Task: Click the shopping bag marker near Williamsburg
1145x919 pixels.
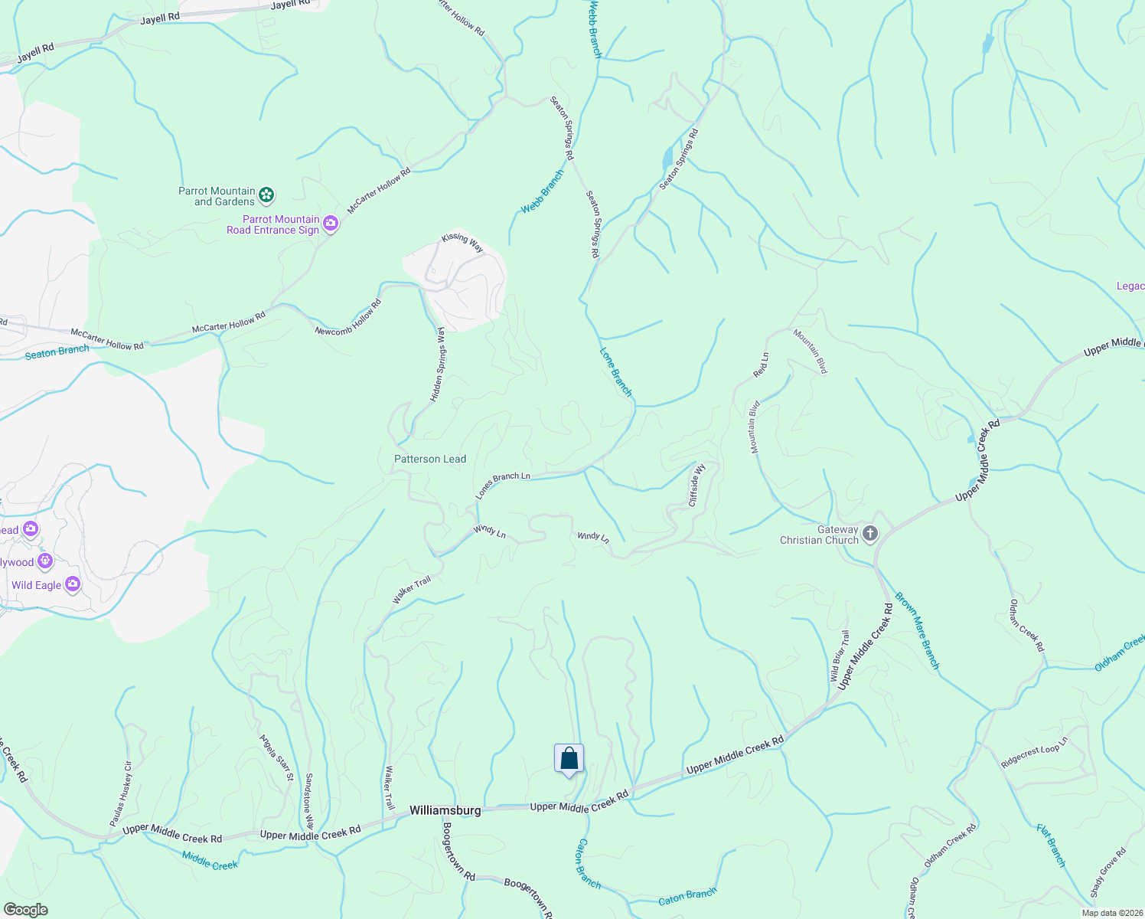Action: coord(569,759)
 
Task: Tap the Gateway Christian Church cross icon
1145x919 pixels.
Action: coord(869,534)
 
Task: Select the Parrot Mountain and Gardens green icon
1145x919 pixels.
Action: coord(266,196)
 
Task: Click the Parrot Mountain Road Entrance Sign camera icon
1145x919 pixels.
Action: coord(331,224)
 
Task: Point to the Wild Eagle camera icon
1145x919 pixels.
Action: coord(73,585)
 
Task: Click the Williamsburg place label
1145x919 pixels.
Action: coord(445,810)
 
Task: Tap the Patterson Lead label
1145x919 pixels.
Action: coord(429,459)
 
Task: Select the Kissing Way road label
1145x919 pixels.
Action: coord(462,242)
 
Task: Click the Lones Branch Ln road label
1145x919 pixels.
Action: coord(502,485)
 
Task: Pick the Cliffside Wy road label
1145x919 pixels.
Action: coord(696,485)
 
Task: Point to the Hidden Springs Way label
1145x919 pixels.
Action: coord(438,365)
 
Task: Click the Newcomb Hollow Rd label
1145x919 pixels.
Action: coord(348,317)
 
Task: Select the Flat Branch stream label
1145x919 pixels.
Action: coord(1051,845)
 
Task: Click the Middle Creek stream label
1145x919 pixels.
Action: coord(210,859)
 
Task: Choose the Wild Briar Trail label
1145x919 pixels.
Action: coord(840,656)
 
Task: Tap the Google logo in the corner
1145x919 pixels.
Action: coord(25,910)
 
